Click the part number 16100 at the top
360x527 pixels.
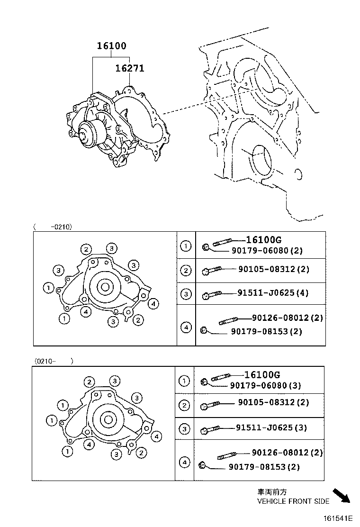click(112, 46)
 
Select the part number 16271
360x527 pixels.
click(130, 68)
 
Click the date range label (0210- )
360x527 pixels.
click(54, 361)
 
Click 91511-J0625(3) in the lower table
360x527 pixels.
click(271, 427)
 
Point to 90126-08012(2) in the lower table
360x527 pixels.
click(288, 453)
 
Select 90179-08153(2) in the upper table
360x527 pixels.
click(267, 331)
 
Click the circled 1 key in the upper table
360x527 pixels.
click(186, 246)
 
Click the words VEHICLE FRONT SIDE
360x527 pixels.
click(293, 501)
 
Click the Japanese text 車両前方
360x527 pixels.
click(272, 492)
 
